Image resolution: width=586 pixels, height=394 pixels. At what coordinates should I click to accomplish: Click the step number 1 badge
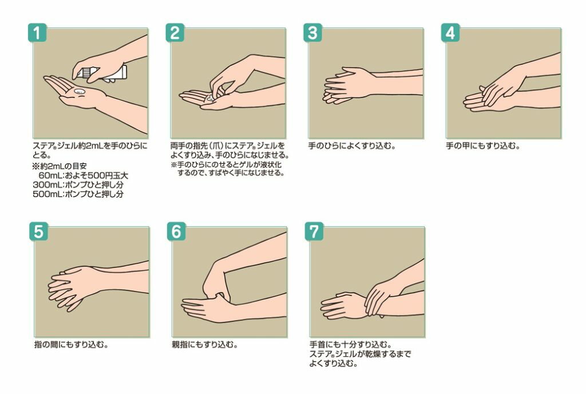pyautogui.click(x=37, y=33)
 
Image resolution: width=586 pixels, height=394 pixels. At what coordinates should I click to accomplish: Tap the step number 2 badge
pyautogui.click(x=175, y=33)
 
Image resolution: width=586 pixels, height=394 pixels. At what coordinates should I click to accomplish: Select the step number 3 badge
pyautogui.click(x=312, y=33)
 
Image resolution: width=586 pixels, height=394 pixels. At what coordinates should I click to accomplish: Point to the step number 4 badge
pyautogui.click(x=450, y=33)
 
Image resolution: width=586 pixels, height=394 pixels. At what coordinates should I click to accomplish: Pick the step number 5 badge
pyautogui.click(x=38, y=231)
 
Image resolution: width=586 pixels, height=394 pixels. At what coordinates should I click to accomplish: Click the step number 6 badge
pyautogui.click(x=176, y=231)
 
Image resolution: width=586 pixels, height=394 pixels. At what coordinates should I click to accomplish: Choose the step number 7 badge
pyautogui.click(x=314, y=231)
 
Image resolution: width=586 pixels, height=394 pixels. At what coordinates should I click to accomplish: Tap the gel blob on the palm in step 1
pyautogui.click(x=80, y=91)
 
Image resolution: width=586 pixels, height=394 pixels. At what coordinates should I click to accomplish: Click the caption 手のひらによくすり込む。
pyautogui.click(x=352, y=146)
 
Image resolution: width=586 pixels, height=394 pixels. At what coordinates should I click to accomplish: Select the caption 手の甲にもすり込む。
pyautogui.click(x=483, y=146)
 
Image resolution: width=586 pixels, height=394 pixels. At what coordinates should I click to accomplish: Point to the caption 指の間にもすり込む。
pyautogui.click(x=72, y=345)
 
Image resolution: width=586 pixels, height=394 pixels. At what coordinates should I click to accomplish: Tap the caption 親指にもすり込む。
pyautogui.click(x=205, y=345)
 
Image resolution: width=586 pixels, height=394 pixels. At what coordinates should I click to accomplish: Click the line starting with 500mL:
pyautogui.click(x=78, y=194)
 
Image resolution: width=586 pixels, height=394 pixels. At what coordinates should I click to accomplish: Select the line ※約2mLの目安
pyautogui.click(x=60, y=166)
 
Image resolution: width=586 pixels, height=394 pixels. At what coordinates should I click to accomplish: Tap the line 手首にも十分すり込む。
pyautogui.click(x=351, y=345)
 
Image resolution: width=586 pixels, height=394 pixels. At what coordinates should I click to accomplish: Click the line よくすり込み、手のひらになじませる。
pyautogui.click(x=229, y=155)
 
